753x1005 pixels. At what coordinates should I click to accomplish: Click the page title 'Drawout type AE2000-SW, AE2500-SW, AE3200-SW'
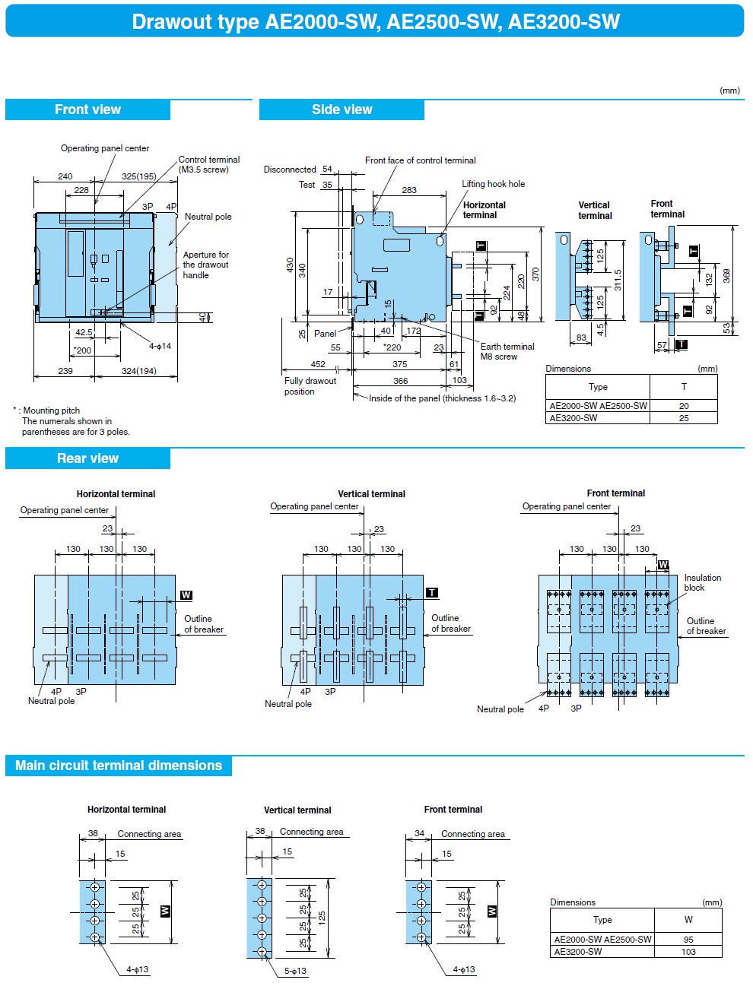(x=376, y=21)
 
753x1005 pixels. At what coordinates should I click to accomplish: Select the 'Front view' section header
(x=87, y=109)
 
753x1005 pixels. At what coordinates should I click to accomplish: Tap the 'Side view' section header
(x=342, y=109)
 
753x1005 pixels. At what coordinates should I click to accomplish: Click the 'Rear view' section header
(x=87, y=458)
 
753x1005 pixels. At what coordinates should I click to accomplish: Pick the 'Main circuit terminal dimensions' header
(x=119, y=766)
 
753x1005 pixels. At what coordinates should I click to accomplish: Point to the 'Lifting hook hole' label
(x=493, y=184)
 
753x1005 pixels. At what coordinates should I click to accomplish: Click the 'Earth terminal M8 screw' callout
(x=507, y=351)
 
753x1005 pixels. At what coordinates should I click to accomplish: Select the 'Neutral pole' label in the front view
(x=208, y=217)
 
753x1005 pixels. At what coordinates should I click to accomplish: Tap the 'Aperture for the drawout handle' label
(x=205, y=265)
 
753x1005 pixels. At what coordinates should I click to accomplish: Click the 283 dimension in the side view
(x=409, y=190)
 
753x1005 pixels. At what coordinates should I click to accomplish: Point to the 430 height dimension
(x=290, y=265)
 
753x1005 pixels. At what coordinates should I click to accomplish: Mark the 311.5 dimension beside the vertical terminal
(x=618, y=280)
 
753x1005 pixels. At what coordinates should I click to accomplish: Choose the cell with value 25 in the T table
(x=684, y=418)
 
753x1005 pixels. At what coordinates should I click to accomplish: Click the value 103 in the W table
(x=688, y=952)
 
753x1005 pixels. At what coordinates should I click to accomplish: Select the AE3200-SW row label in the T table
(x=573, y=418)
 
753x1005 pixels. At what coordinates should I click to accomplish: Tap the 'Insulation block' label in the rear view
(x=702, y=582)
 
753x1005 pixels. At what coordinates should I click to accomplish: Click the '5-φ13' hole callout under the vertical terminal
(x=295, y=971)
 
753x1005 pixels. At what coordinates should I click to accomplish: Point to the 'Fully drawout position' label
(x=310, y=386)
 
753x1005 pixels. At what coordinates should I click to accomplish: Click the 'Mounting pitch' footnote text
(x=51, y=411)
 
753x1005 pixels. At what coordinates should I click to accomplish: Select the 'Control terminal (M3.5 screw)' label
(x=208, y=164)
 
